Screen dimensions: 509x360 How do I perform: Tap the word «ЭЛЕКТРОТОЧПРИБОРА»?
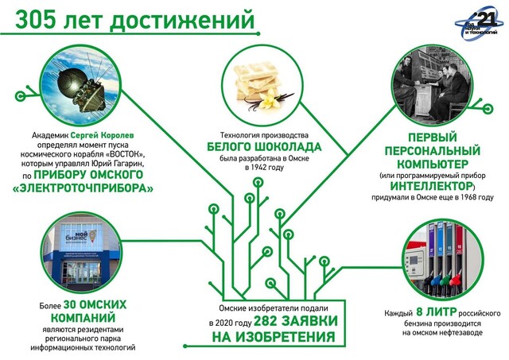pos(87,188)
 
